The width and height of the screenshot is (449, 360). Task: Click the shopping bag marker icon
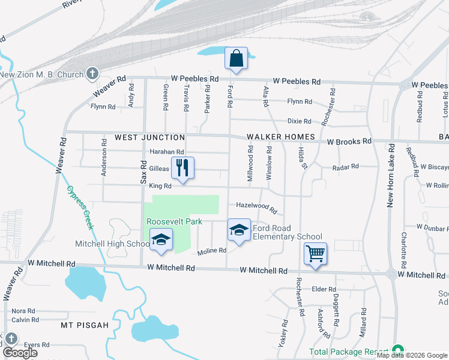pyautogui.click(x=236, y=59)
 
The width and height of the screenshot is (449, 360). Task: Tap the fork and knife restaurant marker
pyautogui.click(x=183, y=168)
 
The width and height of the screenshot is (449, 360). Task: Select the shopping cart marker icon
pyautogui.click(x=315, y=254)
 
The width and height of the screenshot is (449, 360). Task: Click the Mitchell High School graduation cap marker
pyautogui.click(x=160, y=240)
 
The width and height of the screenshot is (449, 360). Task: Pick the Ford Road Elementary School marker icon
pyautogui.click(x=239, y=230)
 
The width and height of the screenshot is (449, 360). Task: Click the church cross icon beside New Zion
pyautogui.click(x=92, y=74)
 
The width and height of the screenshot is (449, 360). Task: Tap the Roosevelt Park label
pyautogui.click(x=169, y=221)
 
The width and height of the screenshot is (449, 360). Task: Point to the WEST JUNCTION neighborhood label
pyautogui.click(x=141, y=137)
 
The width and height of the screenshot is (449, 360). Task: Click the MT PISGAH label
pyautogui.click(x=85, y=325)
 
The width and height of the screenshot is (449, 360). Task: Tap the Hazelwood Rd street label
pyautogui.click(x=256, y=207)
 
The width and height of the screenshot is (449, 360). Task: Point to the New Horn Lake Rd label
pyautogui.click(x=391, y=175)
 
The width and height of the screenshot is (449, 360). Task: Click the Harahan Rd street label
pyautogui.click(x=166, y=152)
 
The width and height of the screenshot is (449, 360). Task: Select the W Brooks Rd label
pyautogui.click(x=349, y=142)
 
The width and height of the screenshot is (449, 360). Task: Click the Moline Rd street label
pyautogui.click(x=212, y=250)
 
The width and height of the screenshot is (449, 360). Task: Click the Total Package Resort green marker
pyautogui.click(x=397, y=350)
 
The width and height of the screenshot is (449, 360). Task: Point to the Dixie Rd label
pyautogui.click(x=299, y=121)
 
